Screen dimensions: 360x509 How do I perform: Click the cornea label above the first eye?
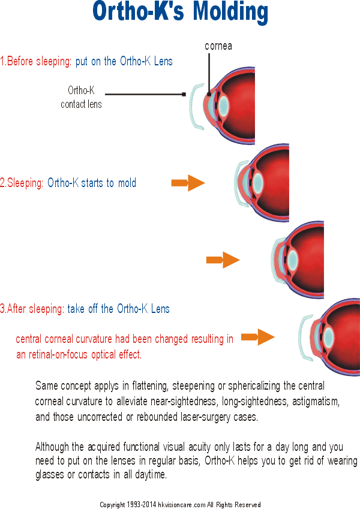click(218, 46)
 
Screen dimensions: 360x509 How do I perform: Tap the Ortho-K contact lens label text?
click(81, 97)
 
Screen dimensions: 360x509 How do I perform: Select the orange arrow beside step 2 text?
click(188, 183)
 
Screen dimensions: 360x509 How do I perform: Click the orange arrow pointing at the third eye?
click(223, 260)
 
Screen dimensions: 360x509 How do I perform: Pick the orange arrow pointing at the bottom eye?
click(257, 337)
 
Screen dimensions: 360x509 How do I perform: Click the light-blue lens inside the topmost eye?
click(224, 105)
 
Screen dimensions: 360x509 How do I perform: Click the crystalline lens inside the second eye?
click(258, 182)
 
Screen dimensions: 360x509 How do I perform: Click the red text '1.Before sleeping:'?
click(36, 61)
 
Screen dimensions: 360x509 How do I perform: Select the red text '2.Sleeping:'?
click(22, 183)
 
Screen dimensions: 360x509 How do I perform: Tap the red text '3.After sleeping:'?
click(32, 308)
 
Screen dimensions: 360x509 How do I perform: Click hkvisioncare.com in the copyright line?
click(182, 504)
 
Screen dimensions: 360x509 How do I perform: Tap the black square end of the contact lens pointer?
click(184, 95)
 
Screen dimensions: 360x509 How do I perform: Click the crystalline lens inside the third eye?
click(293, 259)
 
